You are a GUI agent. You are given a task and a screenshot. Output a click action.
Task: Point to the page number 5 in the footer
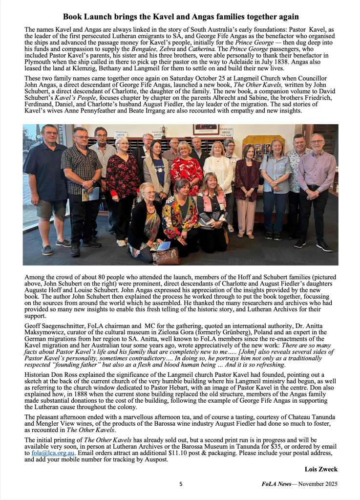point(181,484)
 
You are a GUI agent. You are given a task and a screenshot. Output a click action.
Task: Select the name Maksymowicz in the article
point(45,333)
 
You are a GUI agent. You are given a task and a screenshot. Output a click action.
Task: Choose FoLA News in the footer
point(276,484)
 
